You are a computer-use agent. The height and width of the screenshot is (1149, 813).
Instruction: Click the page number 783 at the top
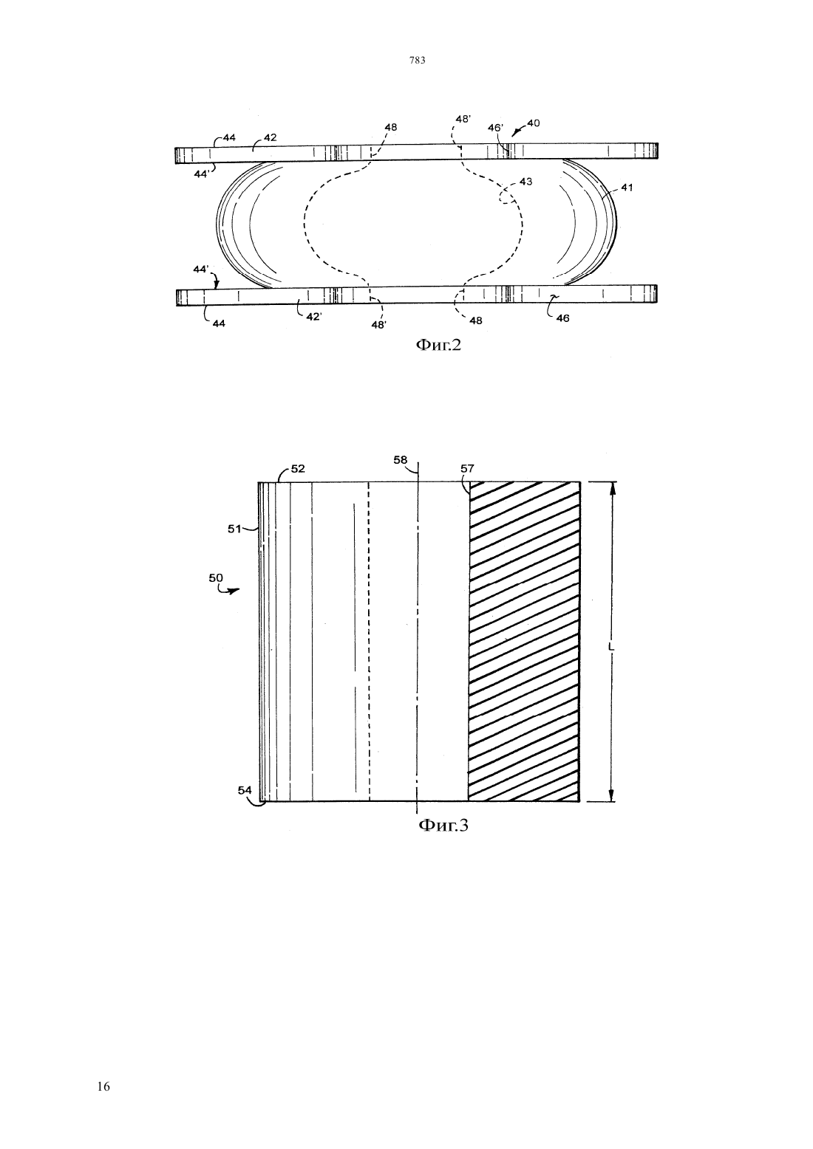(x=418, y=60)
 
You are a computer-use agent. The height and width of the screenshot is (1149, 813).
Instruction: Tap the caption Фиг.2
(x=438, y=345)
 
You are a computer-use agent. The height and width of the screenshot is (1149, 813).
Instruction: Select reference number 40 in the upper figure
(x=534, y=123)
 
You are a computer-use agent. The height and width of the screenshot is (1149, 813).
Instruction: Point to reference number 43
(x=525, y=182)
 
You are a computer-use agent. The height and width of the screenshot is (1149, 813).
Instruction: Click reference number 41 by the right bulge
(x=627, y=188)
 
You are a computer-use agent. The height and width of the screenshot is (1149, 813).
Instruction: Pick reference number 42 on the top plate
(x=270, y=137)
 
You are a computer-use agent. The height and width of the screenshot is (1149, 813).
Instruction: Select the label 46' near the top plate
(x=495, y=127)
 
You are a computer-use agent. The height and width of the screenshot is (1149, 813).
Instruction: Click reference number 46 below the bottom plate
(x=562, y=318)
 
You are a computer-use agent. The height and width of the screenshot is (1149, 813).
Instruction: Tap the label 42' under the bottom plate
(x=313, y=317)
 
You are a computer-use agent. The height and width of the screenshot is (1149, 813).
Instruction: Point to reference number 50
(x=216, y=577)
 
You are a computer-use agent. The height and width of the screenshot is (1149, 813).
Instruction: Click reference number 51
(x=234, y=529)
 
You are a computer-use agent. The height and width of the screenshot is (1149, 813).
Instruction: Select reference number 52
(x=298, y=468)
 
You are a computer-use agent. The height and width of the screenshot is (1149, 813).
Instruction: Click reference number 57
(x=467, y=468)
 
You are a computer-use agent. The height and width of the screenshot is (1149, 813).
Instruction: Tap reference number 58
(x=401, y=459)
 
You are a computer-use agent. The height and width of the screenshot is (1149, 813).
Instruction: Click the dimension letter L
(x=610, y=648)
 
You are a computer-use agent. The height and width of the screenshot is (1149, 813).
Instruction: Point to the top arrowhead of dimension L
(x=611, y=488)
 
